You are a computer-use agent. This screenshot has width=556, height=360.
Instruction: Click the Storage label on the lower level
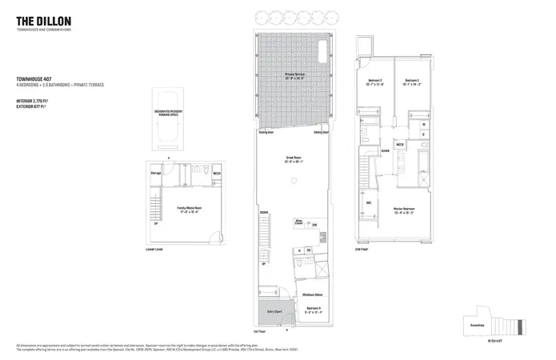pos(156,173)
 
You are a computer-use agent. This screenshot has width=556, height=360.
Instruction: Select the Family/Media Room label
pos(187,210)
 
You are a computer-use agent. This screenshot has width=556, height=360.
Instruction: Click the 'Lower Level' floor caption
pos(154,249)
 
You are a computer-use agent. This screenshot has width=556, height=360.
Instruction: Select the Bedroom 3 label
pos(412,81)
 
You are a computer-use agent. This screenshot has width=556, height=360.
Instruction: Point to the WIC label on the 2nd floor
pos(369,202)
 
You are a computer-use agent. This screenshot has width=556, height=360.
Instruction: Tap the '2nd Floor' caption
pos(362,249)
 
